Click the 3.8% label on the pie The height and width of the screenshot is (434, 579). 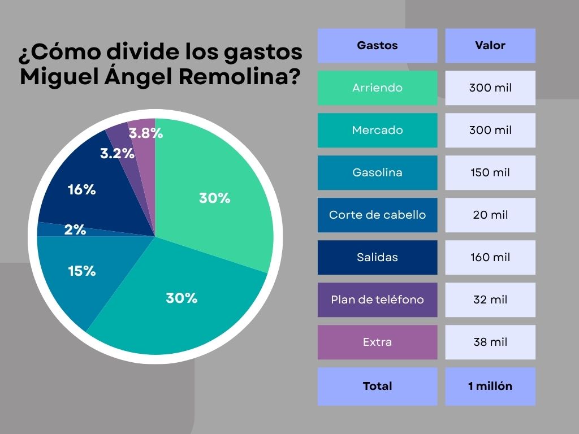click(145, 133)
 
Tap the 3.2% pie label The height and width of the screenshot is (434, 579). click(117, 153)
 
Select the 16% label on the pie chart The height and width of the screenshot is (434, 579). click(81, 190)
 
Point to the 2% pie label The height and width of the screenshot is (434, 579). click(75, 229)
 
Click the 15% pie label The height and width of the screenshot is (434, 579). click(81, 271)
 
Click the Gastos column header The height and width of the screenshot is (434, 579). click(377, 45)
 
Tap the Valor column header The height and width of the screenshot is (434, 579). click(490, 45)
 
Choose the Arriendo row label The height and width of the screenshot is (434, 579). click(377, 88)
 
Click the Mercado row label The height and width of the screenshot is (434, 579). click(377, 131)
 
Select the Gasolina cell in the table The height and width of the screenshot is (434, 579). click(377, 173)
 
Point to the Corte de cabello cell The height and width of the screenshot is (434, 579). click(377, 215)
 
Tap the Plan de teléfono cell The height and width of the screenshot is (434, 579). click(377, 300)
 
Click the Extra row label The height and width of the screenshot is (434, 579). click(377, 342)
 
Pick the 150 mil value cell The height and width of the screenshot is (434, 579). click(490, 173)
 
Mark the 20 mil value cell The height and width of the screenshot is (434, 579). click(490, 215)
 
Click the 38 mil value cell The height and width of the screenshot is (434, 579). click(490, 342)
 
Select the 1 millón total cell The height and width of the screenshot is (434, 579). click(490, 387)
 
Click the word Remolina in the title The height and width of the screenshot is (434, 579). click(240, 77)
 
